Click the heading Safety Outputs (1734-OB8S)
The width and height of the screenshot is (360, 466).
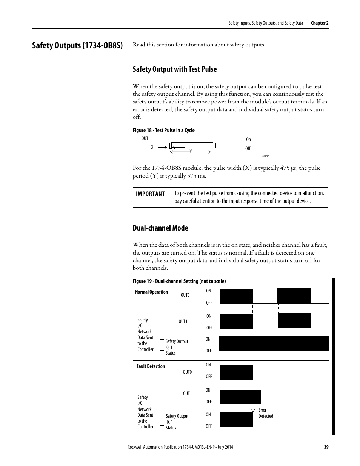click(77, 46)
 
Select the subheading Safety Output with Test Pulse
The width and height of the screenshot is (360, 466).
click(175, 69)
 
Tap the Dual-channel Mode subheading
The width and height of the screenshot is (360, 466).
click(160, 228)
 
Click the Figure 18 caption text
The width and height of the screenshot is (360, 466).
click(163, 130)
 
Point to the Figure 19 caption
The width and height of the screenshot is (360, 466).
click(179, 281)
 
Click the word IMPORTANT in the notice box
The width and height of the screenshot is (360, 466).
click(151, 194)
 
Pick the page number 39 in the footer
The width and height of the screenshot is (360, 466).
click(326, 447)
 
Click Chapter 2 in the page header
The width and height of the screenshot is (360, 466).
click(320, 23)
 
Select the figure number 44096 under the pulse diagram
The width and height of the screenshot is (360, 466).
click(266, 156)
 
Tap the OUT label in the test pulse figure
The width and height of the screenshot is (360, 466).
click(145, 138)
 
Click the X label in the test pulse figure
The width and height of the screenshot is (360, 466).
click(152, 147)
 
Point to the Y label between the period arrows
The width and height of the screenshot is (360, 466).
click(191, 151)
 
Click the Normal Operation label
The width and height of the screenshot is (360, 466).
click(151, 292)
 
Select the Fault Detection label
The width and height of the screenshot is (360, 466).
click(151, 366)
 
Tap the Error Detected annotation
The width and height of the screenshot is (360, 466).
click(266, 413)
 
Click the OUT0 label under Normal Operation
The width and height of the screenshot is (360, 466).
click(185, 295)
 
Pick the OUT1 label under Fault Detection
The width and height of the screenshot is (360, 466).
click(187, 394)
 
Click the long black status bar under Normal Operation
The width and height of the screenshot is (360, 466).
click(274, 343)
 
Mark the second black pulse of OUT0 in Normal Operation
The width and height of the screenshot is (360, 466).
click(294, 295)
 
